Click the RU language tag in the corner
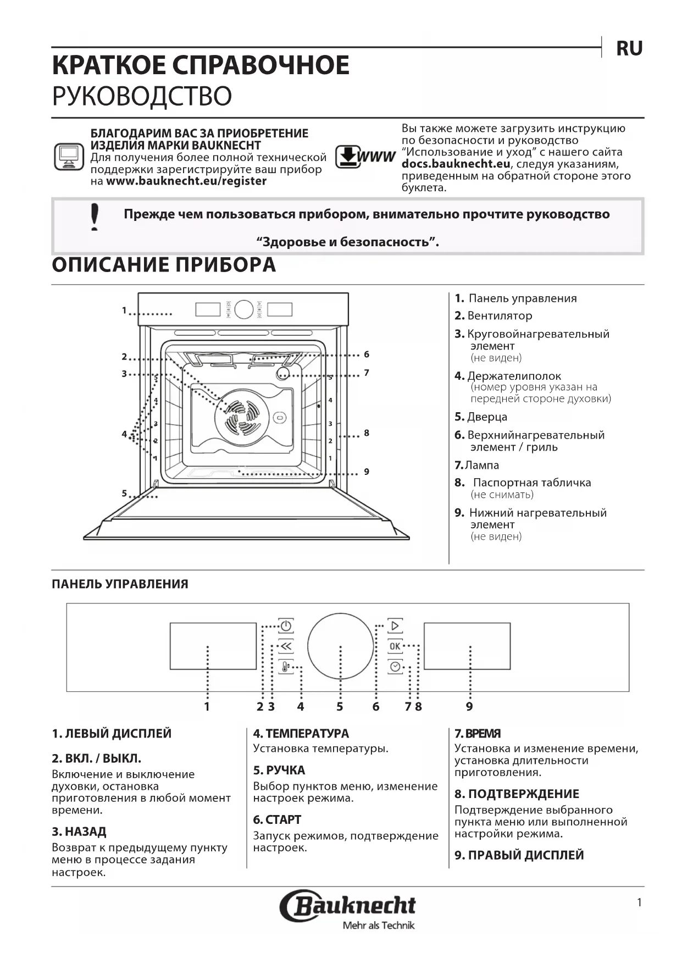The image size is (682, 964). (x=629, y=48)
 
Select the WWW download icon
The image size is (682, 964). (x=365, y=157)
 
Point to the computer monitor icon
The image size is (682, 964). (x=69, y=157)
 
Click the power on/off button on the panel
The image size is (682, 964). (x=286, y=626)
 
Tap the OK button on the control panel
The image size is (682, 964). (x=395, y=646)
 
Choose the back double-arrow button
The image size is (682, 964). (x=286, y=647)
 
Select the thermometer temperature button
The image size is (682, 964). (x=286, y=667)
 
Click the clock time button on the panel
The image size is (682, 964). (x=395, y=667)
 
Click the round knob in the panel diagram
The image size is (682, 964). (x=341, y=646)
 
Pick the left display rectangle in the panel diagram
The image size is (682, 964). (x=213, y=646)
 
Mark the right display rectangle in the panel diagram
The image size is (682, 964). (x=467, y=646)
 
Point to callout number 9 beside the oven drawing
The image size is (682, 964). (x=367, y=472)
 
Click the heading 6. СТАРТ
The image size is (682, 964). (x=277, y=819)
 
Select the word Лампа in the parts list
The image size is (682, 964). (x=482, y=465)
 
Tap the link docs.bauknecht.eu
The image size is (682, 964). (x=456, y=164)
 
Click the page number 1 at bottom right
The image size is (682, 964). (x=639, y=902)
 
